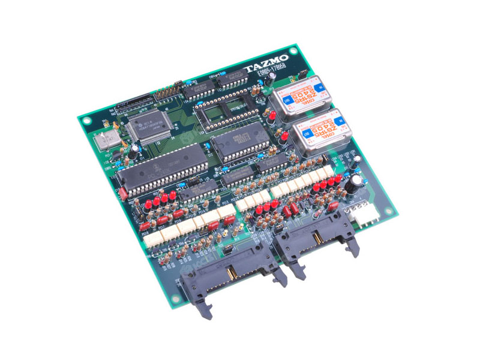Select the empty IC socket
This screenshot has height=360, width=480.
[220, 110]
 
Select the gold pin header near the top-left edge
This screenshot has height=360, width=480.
[166, 94]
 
